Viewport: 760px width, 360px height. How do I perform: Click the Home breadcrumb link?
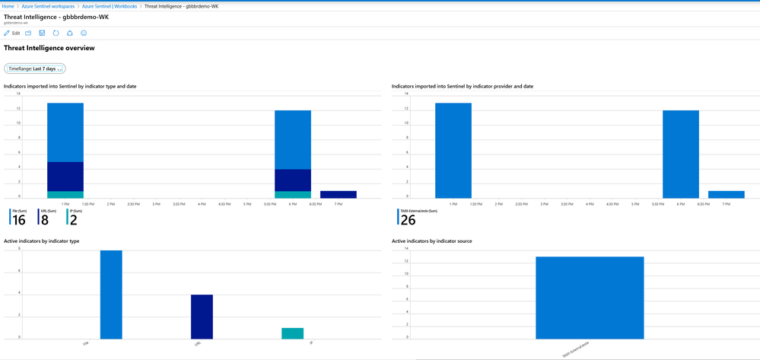point(8,6)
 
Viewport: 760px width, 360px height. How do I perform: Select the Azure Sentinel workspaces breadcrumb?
point(48,6)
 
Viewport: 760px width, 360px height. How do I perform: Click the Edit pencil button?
point(12,33)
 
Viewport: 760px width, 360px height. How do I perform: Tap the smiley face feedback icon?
point(84,33)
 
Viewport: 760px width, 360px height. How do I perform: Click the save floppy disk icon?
point(42,33)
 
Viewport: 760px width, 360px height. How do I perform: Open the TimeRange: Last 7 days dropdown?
point(35,68)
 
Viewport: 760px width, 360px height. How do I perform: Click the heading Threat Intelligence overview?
point(49,48)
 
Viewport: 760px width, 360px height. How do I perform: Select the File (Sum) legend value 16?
point(19,221)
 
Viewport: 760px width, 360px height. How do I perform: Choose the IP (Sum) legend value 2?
point(73,221)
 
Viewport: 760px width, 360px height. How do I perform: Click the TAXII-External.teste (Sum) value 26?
point(407,221)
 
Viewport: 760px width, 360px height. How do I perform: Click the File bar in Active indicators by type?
point(111,295)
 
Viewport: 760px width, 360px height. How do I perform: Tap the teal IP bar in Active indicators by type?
point(292,333)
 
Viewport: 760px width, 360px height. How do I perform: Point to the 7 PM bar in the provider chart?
point(726,194)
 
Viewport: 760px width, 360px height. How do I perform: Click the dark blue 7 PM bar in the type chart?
point(338,194)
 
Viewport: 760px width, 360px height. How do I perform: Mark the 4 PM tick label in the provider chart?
point(589,204)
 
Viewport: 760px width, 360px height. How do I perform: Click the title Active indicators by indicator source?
point(431,241)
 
